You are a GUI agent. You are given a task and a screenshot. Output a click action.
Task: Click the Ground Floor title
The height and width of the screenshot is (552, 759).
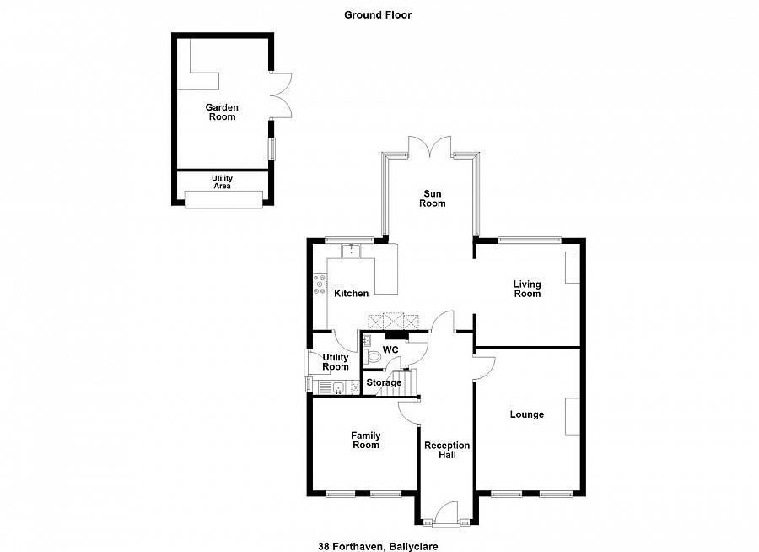[x=378, y=15]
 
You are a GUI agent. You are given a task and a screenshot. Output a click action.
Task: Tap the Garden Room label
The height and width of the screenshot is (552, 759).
[x=222, y=112]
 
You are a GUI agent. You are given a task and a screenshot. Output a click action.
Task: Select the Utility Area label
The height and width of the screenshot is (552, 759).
[x=222, y=181]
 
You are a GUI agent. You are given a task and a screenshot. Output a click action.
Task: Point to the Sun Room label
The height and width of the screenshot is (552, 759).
[x=433, y=198]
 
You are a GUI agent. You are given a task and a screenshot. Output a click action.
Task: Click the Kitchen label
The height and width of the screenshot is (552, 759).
[x=352, y=293]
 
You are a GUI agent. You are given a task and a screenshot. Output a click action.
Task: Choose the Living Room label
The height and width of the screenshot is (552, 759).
[x=527, y=289]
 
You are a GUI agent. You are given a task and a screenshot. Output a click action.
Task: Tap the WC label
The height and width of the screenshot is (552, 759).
[x=390, y=350]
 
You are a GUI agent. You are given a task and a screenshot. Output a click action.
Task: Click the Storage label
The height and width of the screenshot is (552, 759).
[x=384, y=382]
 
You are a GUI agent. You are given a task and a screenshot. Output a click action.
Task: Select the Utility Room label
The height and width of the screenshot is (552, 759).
[x=336, y=362]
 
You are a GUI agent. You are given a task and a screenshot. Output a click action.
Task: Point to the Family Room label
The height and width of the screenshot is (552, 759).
[x=366, y=440]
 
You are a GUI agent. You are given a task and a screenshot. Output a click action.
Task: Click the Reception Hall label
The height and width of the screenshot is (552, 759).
[x=447, y=450]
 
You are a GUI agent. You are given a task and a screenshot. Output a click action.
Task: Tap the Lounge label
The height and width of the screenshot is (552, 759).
[x=526, y=414]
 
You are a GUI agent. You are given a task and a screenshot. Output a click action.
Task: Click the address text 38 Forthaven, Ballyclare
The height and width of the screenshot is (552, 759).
[x=378, y=546]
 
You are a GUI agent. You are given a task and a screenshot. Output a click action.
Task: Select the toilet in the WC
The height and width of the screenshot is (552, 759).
[x=372, y=357]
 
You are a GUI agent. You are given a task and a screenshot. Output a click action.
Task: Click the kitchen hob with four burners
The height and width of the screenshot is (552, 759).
[x=320, y=284]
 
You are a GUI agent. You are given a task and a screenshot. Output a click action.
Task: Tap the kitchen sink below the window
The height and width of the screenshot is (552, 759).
[x=351, y=251]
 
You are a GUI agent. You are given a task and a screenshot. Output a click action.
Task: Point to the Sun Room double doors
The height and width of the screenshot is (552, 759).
[x=430, y=145]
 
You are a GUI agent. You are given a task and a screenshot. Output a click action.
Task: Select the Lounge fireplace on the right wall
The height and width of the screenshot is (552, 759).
[x=573, y=416]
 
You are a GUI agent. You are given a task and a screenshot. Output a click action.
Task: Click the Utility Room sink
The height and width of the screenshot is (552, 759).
[x=338, y=387]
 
